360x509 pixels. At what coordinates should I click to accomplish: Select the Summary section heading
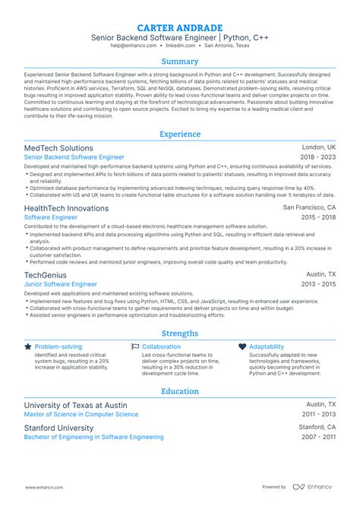tap(180, 62)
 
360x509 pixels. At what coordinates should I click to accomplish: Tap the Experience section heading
tap(180, 134)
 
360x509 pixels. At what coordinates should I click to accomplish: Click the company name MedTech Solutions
tap(58, 148)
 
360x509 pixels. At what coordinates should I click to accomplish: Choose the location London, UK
tap(319, 147)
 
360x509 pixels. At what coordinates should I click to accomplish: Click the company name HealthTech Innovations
tap(66, 207)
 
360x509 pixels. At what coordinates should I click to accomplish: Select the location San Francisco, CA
tap(308, 207)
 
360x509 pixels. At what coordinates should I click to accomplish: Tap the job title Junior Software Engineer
tap(61, 284)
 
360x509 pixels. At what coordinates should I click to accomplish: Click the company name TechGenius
tap(46, 275)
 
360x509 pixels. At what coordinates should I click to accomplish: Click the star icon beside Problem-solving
tap(28, 346)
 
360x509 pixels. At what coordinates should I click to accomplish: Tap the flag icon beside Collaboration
tap(135, 346)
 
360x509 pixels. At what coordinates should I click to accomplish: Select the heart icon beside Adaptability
tap(242, 346)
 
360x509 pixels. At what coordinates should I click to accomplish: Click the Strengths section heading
tap(180, 333)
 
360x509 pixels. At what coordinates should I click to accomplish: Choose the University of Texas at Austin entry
tap(75, 405)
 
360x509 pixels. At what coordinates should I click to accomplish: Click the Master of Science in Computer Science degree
tap(81, 415)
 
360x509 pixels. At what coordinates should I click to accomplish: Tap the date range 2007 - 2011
tap(319, 437)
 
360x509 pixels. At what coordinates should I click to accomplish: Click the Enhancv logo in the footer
tap(308, 486)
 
